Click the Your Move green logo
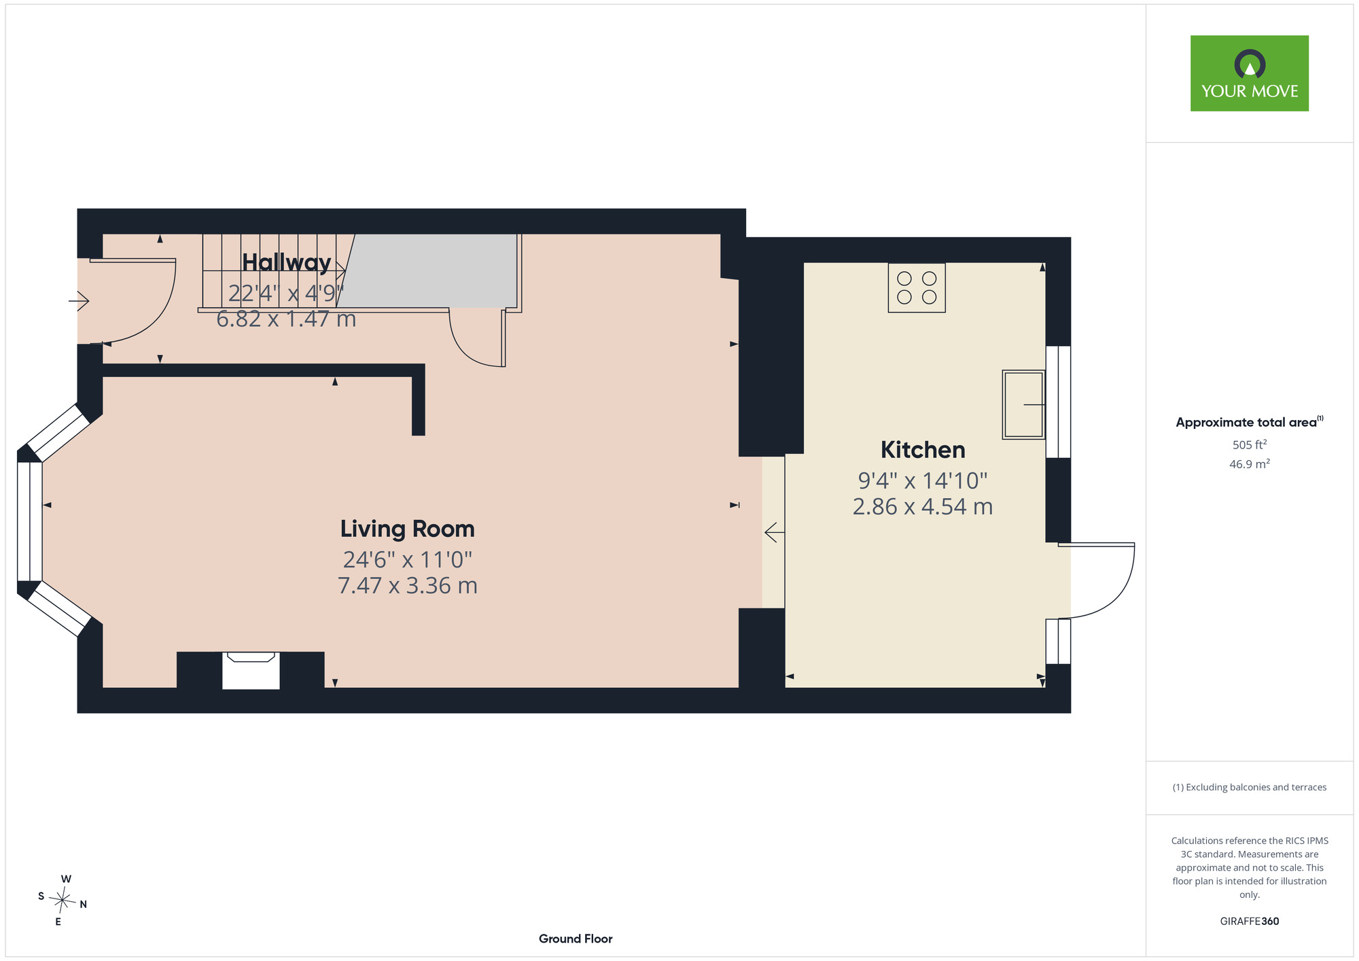(1249, 73)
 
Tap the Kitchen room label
(923, 450)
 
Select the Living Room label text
(408, 529)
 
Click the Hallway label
(287, 262)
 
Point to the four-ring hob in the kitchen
(917, 287)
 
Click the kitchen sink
(1023, 404)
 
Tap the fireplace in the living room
(251, 670)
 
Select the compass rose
(63, 901)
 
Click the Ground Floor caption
(576, 939)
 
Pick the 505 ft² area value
(1250, 444)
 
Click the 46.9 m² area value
(1250, 464)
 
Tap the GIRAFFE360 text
(1250, 922)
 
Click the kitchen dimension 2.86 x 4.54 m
(923, 506)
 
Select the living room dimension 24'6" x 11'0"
(408, 559)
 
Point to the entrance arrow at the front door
(79, 300)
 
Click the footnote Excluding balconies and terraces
(1250, 787)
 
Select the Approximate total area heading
(1250, 422)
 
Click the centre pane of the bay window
(30, 521)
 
